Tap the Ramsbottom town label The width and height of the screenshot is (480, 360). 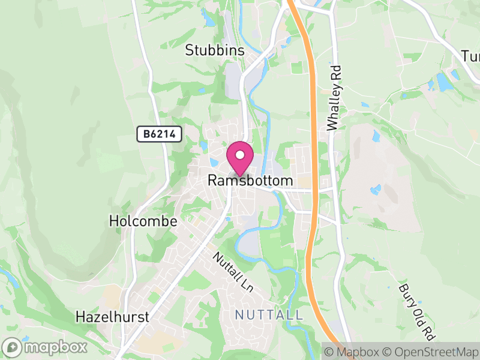click(x=250, y=181)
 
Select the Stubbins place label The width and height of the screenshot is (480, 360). click(x=215, y=50)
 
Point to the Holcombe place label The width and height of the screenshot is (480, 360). click(x=143, y=221)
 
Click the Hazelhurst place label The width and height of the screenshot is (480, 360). click(x=113, y=317)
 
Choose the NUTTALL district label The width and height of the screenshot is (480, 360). click(x=269, y=315)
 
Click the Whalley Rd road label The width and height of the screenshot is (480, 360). click(x=334, y=98)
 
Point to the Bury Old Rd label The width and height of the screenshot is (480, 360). click(x=416, y=310)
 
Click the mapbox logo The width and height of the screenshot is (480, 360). click(x=46, y=347)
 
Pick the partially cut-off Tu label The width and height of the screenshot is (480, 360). click(x=471, y=56)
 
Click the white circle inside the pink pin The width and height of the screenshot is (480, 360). click(x=240, y=155)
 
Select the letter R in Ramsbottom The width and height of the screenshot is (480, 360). click(x=212, y=181)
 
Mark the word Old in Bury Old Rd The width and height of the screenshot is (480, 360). click(x=418, y=311)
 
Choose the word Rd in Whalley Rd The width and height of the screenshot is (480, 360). click(x=334, y=73)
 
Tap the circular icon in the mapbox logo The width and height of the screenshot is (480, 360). click(x=13, y=347)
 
